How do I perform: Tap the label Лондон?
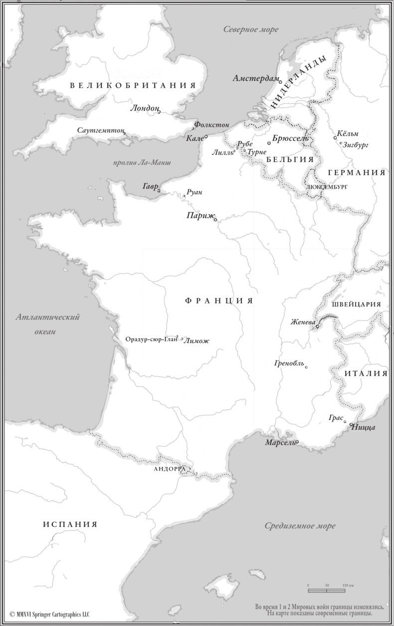coord(144,108)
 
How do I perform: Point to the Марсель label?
coord(279,443)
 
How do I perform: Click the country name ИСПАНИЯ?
coord(70,524)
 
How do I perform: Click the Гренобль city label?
coord(289,363)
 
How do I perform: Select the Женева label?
coord(303,322)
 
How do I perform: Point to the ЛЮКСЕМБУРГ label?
coord(327,186)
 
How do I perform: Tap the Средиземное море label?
coord(300,526)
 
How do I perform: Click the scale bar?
coord(327,591)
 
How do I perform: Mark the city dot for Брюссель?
coord(269,144)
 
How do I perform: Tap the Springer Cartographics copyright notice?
coord(49,615)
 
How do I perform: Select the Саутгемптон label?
coord(100,130)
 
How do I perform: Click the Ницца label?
coord(364,427)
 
